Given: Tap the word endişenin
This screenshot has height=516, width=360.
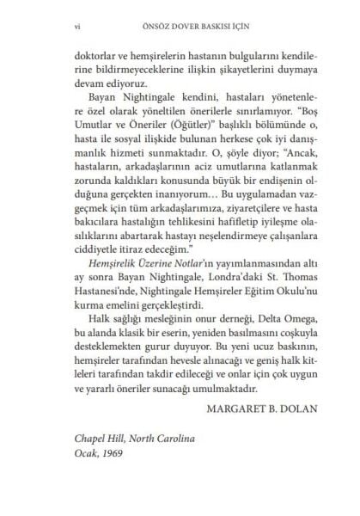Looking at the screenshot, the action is [x=253, y=207].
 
